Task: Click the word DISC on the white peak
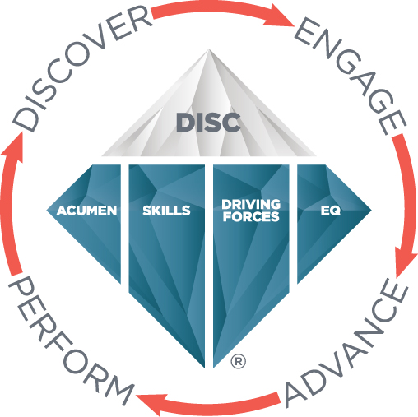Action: (208, 122)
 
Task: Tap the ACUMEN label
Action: (87, 211)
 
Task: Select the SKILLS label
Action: (166, 211)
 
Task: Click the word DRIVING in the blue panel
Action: (251, 205)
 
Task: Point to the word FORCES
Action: (251, 216)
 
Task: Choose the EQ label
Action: (330, 211)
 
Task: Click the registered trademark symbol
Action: (239, 361)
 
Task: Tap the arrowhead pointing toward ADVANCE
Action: (406, 262)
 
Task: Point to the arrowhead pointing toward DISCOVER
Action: (14, 146)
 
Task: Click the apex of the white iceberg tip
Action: (209, 49)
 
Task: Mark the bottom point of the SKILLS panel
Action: (204, 368)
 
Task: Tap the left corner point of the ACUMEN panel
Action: (47, 211)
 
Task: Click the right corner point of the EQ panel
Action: (371, 211)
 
